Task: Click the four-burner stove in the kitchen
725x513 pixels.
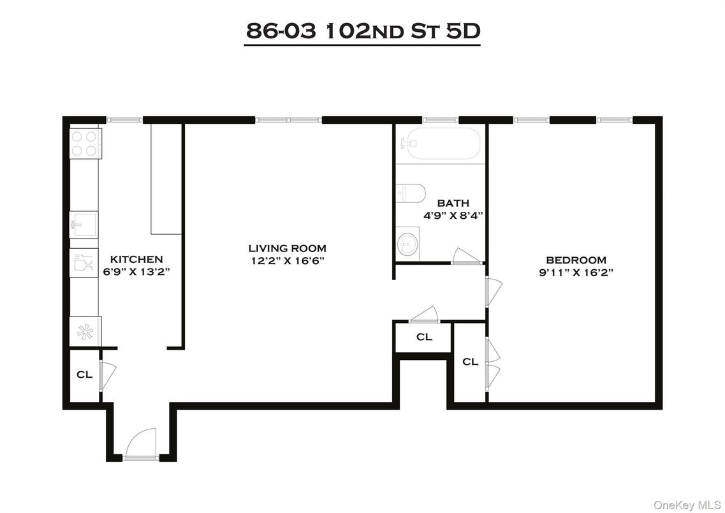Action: click(x=85, y=143)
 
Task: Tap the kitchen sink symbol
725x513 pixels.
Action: click(x=84, y=225)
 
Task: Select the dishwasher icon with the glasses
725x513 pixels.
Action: click(x=84, y=263)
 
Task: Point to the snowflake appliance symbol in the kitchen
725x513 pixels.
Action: click(x=84, y=332)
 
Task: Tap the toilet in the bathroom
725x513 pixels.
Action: click(x=410, y=192)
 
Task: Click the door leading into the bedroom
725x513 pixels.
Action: click(x=493, y=291)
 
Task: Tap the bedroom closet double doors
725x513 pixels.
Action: click(x=492, y=363)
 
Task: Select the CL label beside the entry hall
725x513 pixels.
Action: click(x=84, y=375)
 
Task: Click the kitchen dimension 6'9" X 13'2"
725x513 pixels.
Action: click(x=136, y=271)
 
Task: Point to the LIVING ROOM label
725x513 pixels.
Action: click(x=287, y=248)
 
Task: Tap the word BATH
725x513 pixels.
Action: click(x=453, y=204)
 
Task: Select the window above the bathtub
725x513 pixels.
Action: click(x=440, y=119)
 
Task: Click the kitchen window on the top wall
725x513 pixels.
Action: click(x=124, y=119)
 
